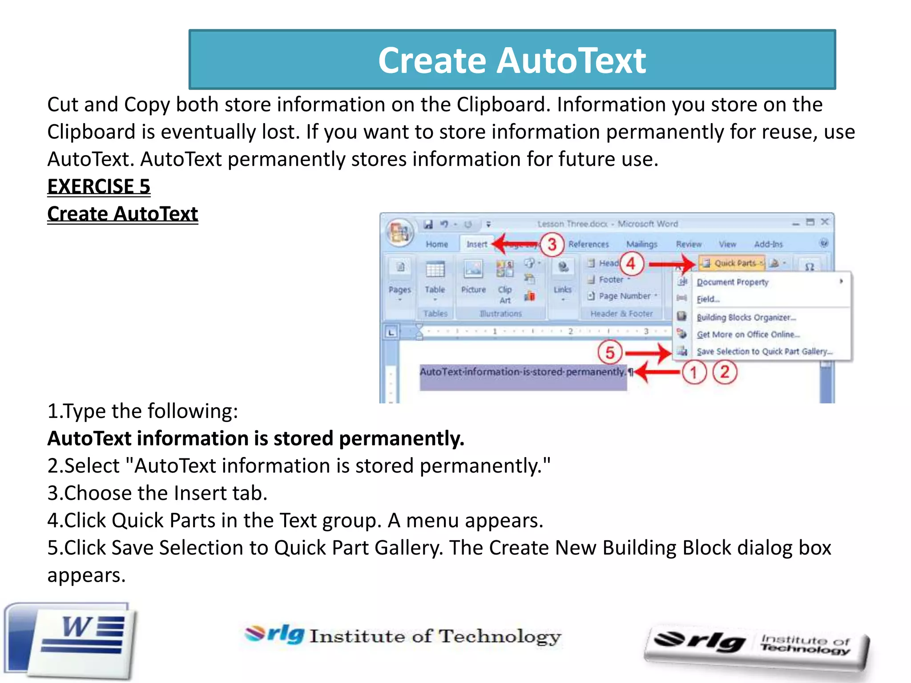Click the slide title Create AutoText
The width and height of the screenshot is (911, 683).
[512, 60]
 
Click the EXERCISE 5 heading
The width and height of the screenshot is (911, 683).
[99, 186]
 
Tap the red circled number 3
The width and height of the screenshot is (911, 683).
[552, 244]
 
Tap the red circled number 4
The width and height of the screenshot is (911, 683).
[631, 263]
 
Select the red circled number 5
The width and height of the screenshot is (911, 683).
[610, 353]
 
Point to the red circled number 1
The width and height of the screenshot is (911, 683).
[693, 372]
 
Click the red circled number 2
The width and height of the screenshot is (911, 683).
[725, 372]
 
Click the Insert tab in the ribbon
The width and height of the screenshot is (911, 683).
[476, 244]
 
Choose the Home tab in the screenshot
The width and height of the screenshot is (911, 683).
[437, 244]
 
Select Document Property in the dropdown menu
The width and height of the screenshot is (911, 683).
[732, 282]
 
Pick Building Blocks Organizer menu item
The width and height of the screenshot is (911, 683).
[746, 317]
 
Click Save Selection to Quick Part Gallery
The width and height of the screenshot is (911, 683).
[764, 351]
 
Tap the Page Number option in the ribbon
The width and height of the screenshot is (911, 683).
[624, 296]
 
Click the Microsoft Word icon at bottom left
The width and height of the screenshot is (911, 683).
[71, 640]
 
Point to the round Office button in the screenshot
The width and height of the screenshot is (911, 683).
[399, 232]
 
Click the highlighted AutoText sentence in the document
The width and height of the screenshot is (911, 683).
[522, 372]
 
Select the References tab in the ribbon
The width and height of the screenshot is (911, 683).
[588, 244]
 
